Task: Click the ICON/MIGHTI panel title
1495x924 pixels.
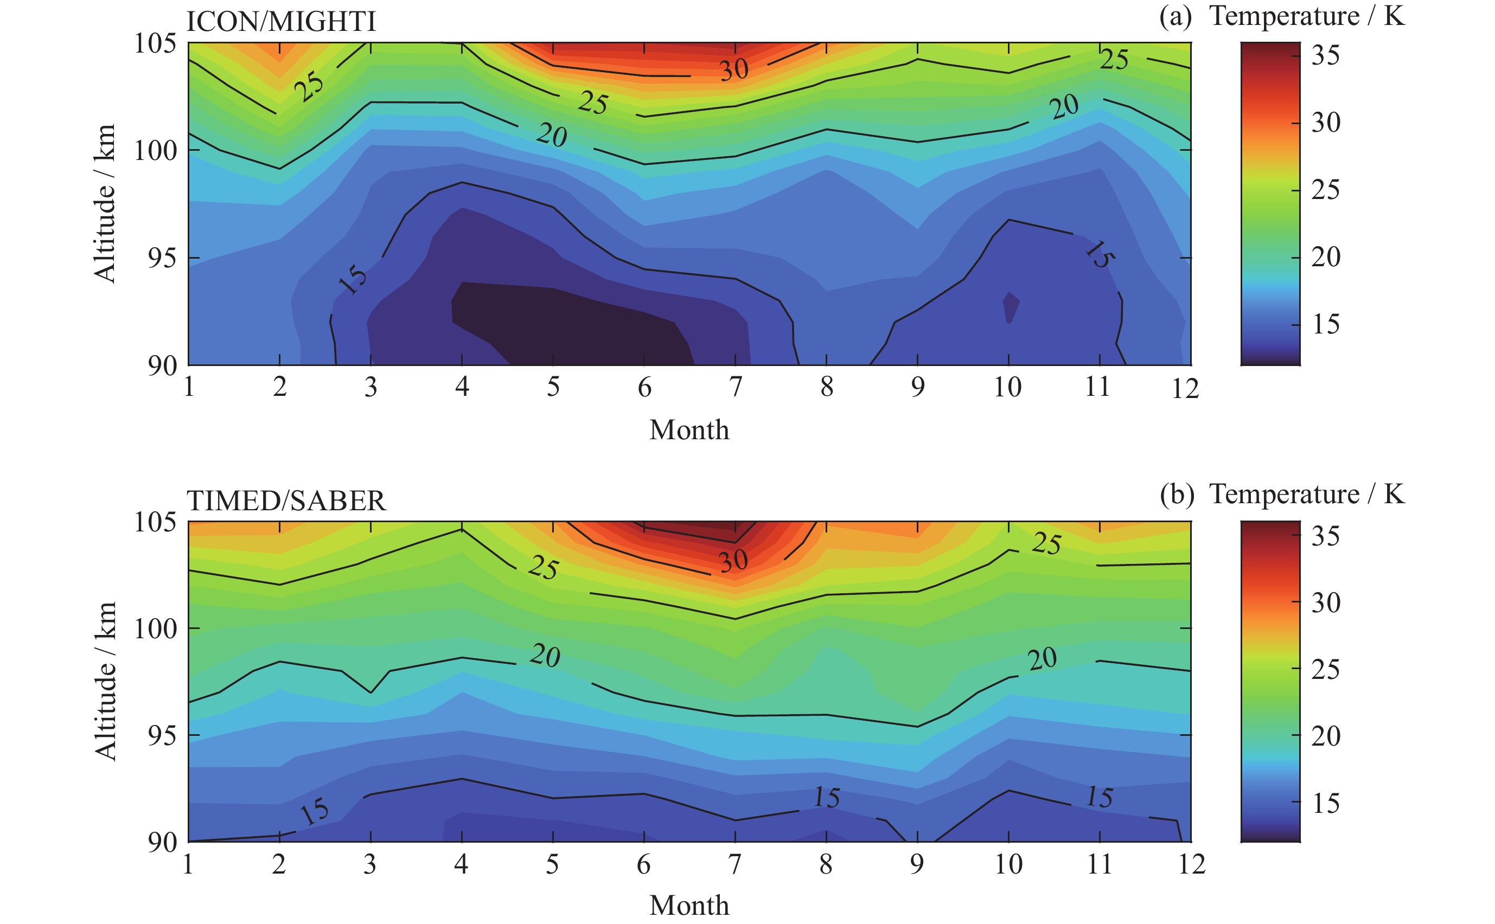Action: tap(280, 22)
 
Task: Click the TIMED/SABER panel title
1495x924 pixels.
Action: tap(286, 501)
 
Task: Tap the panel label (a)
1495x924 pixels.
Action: tap(1175, 16)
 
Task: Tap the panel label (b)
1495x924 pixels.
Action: tap(1176, 495)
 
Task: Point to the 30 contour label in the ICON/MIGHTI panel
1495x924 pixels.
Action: tap(733, 69)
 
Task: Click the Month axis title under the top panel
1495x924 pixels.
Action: tap(689, 430)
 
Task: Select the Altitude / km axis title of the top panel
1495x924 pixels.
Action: tap(105, 203)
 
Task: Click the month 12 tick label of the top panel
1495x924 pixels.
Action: tap(1185, 388)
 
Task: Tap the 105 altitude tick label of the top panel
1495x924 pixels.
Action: tap(155, 43)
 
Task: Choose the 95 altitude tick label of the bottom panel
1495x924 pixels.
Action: tap(162, 736)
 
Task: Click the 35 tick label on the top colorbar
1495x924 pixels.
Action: tap(1325, 56)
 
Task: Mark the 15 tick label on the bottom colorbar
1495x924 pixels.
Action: tap(1325, 803)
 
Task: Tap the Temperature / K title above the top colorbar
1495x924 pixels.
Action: tap(1307, 16)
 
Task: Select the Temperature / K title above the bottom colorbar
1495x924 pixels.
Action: tap(1307, 495)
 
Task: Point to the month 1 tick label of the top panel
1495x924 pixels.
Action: tap(189, 387)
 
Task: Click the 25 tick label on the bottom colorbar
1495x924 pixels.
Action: tap(1325, 670)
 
